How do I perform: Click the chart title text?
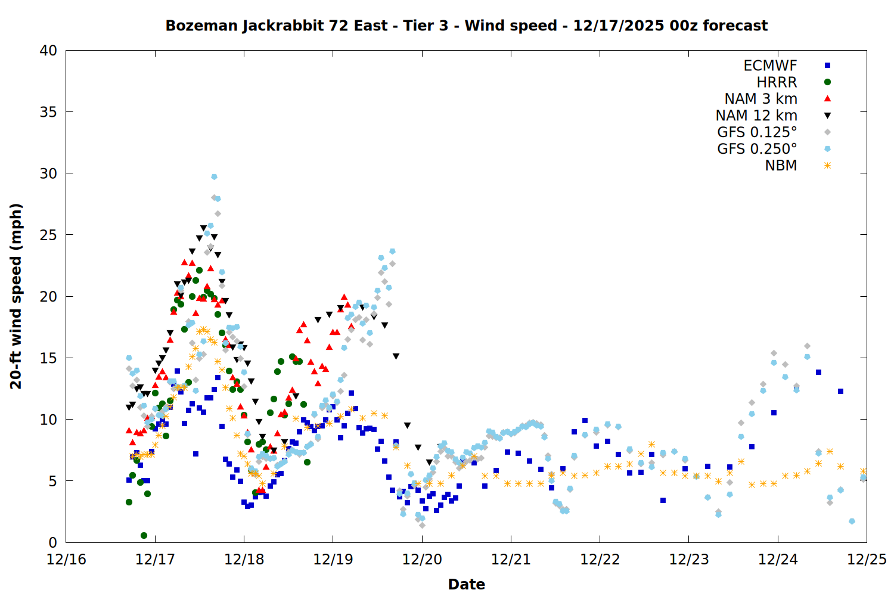[x=466, y=26]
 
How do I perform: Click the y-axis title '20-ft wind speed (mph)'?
[x=16, y=296]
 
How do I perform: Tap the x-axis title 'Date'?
[x=466, y=584]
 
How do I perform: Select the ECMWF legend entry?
[x=770, y=66]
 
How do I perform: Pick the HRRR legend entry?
[x=777, y=82]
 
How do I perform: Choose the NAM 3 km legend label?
[x=760, y=99]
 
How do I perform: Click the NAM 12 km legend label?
[x=756, y=116]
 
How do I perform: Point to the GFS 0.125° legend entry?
[x=757, y=132]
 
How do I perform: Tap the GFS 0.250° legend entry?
[x=757, y=149]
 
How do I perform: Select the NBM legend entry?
[x=781, y=166]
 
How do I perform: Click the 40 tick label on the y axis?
[x=48, y=51]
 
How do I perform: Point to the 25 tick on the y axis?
[x=48, y=235]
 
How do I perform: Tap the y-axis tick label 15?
[x=48, y=358]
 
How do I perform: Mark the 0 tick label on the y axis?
[x=52, y=542]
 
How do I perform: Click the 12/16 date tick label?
[x=66, y=560]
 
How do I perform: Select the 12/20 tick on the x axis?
[x=422, y=560]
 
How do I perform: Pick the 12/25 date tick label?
[x=867, y=560]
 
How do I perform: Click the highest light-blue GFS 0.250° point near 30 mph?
[x=214, y=176]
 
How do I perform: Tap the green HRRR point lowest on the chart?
[x=144, y=535]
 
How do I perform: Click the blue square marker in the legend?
[x=827, y=66]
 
